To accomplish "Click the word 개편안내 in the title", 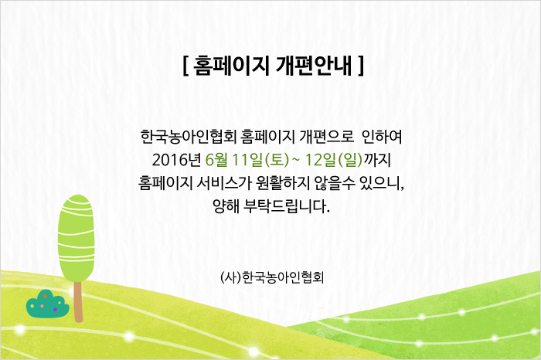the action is point(314,65).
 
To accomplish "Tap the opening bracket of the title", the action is point(185,66).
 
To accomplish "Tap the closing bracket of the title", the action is point(361,66).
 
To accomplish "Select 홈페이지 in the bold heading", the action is point(231,65).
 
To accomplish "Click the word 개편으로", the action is point(327,137).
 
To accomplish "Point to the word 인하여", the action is point(382,137).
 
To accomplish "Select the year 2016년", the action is point(176,160).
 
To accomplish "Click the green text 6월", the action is point(216,160).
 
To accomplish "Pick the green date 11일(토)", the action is point(260,160).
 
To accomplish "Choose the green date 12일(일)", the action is point(334,160).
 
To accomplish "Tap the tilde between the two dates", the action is point(296,160).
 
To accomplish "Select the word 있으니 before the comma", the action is point(379,183).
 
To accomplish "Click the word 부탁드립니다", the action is point(287,205).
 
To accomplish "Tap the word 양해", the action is point(226,205).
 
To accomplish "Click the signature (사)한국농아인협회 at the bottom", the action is point(272,277).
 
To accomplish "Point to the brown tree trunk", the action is point(78,302).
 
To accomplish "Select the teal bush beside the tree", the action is point(47,304).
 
